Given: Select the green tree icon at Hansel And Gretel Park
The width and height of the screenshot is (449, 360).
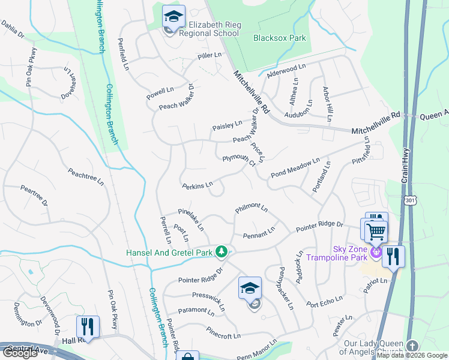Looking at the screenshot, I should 222,252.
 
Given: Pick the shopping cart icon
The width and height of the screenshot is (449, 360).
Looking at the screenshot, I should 376,230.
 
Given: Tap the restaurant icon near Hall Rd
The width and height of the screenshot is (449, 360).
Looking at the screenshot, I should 88,327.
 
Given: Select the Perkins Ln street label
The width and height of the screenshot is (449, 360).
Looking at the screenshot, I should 197,185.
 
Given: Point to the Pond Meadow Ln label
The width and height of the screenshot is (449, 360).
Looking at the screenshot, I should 295,167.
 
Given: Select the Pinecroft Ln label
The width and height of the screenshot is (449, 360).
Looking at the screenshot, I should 223,332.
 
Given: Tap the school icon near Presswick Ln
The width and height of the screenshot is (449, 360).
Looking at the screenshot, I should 250,289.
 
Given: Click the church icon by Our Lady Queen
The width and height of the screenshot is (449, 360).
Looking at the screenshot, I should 412,346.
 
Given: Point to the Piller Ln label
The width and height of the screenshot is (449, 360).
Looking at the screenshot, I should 209,56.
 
